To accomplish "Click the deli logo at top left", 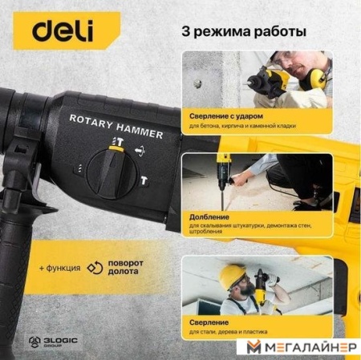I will (63, 32).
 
